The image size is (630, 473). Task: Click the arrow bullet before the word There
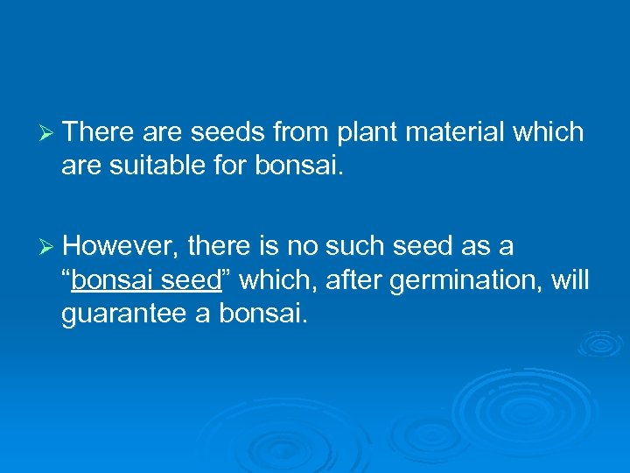(50, 133)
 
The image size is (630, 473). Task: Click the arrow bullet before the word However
(50, 248)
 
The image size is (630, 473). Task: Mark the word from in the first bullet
(297, 132)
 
